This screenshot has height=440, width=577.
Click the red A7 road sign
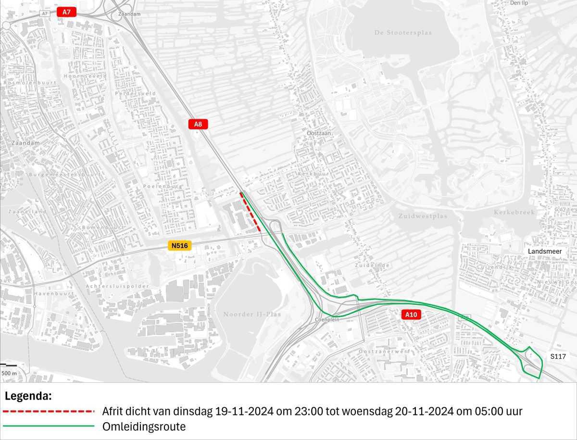66,12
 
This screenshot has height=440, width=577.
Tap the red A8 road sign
198,124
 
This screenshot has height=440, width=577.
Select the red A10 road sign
411,315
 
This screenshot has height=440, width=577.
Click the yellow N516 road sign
179,246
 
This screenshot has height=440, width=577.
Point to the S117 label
558,357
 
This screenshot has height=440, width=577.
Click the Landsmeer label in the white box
544,251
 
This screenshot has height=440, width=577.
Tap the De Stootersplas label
403,33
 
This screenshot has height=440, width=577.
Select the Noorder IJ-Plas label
252,314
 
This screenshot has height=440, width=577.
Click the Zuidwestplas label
423,216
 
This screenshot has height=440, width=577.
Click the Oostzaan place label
319,133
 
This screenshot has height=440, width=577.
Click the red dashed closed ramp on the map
251,212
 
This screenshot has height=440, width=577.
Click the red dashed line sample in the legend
48,412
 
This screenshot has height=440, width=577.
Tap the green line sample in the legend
48,427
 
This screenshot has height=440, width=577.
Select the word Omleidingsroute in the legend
144,427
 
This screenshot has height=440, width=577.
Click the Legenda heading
28,397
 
